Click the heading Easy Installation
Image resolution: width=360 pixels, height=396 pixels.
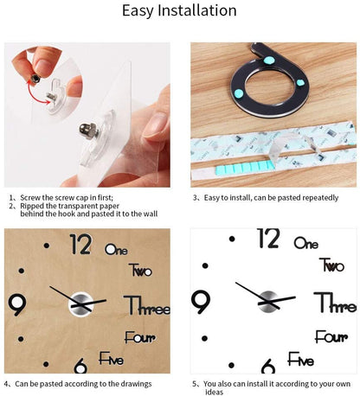pyautogui.click(x=179, y=11)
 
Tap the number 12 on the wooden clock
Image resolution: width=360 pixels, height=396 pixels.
pyautogui.click(x=80, y=245)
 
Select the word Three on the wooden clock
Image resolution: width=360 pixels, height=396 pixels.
pyautogui.click(x=147, y=305)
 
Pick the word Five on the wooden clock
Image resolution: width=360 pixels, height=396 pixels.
pyautogui.click(x=113, y=358)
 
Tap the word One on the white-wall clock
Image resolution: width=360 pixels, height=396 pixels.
pyautogui.click(x=305, y=245)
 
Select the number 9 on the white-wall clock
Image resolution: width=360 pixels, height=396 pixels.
pyautogui.click(x=201, y=302)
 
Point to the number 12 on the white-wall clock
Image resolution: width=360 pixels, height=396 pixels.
pyautogui.click(x=268, y=239)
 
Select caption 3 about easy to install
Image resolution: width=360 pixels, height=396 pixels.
pyautogui.click(x=265, y=197)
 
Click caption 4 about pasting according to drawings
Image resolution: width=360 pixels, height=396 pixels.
pyautogui.click(x=77, y=382)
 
